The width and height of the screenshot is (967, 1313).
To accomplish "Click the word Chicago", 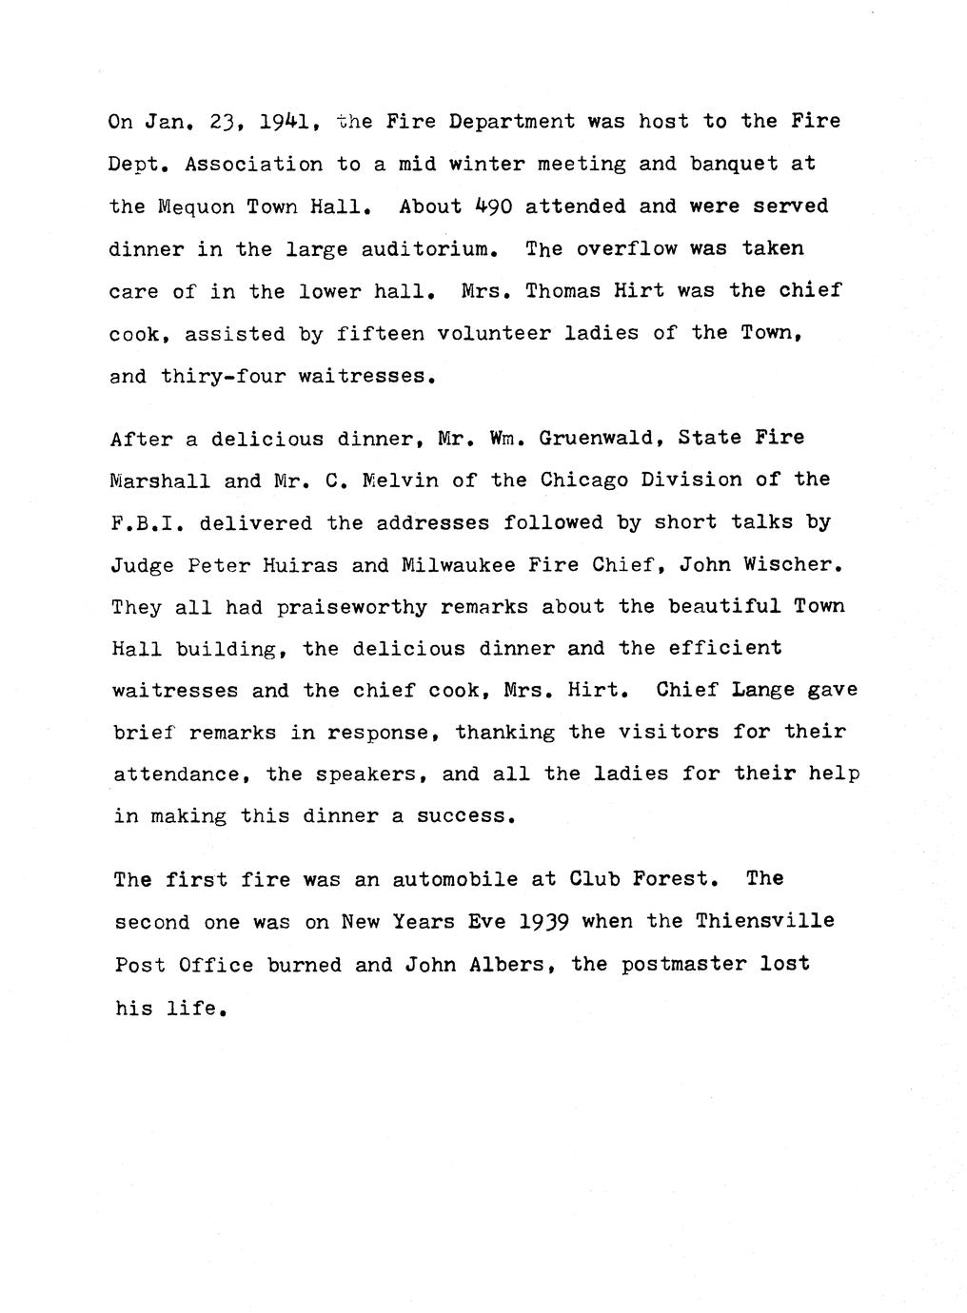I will point(583,480).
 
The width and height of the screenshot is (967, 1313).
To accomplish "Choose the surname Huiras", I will point(296,565).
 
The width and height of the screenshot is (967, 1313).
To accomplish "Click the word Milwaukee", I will point(459,565).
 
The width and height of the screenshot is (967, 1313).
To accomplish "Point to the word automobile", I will point(455,879).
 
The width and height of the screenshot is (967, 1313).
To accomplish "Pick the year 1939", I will point(543,921).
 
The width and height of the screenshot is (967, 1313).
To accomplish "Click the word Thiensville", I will point(764,921).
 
